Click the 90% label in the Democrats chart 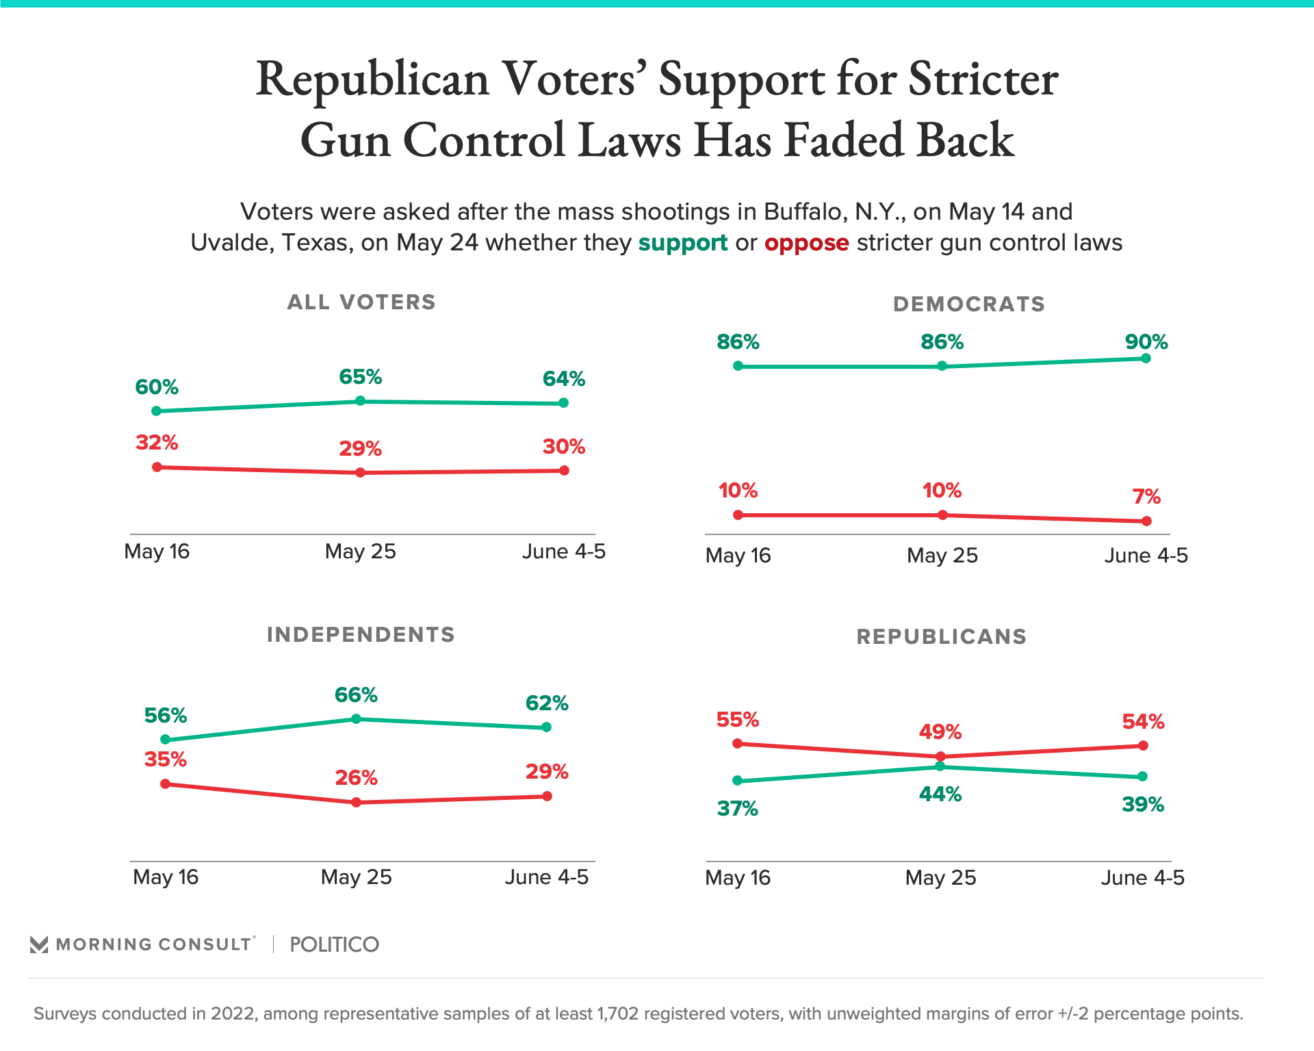pyautogui.click(x=1146, y=341)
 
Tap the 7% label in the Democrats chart pyautogui.click(x=1146, y=496)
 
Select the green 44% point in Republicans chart pyautogui.click(x=940, y=766)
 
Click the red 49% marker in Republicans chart pyautogui.click(x=940, y=756)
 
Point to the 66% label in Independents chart pyautogui.click(x=356, y=695)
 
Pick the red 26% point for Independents pyautogui.click(x=356, y=802)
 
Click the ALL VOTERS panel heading pyautogui.click(x=361, y=302)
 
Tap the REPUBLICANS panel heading pyautogui.click(x=941, y=636)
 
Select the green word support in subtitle pyautogui.click(x=682, y=243)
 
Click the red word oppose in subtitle pyautogui.click(x=806, y=243)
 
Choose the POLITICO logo pyautogui.click(x=334, y=944)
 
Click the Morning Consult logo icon pyautogui.click(x=39, y=945)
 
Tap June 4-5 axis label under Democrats pyautogui.click(x=1146, y=555)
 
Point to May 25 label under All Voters pyautogui.click(x=361, y=552)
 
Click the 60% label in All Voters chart pyautogui.click(x=157, y=387)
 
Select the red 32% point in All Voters pyautogui.click(x=157, y=467)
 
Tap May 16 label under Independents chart pyautogui.click(x=166, y=877)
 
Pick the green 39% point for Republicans pyautogui.click(x=1142, y=776)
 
